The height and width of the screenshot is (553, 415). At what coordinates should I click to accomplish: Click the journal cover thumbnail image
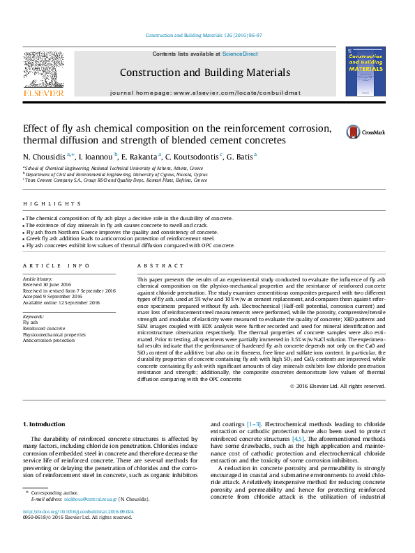pos(365,71)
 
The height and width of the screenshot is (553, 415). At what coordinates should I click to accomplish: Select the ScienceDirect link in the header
pos(240,54)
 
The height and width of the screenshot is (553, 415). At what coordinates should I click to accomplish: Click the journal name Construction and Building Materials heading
pos(204,72)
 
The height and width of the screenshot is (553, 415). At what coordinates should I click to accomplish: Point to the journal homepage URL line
pos(205,93)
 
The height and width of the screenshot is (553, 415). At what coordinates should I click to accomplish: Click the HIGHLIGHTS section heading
pos(43,204)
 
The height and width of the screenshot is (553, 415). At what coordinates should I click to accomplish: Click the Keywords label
pos(34,316)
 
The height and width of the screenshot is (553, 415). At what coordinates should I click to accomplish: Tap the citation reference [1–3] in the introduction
pos(254,424)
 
